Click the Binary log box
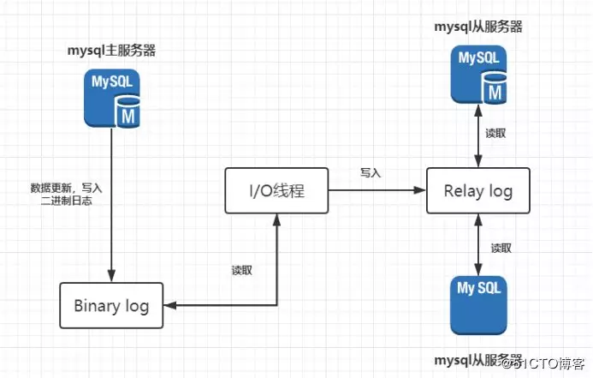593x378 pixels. (x=110, y=305)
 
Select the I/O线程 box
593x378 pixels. (x=276, y=190)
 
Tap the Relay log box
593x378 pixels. (x=477, y=190)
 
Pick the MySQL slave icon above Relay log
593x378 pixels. (x=479, y=74)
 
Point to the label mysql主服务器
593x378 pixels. (x=111, y=51)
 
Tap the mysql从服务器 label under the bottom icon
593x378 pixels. (x=478, y=357)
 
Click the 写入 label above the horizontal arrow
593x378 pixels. (x=371, y=172)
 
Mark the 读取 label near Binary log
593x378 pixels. (x=243, y=269)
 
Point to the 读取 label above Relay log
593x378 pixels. (x=496, y=134)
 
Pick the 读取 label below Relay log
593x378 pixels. (x=501, y=248)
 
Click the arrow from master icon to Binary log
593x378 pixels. (x=113, y=206)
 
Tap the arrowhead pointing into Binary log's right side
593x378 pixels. (x=169, y=305)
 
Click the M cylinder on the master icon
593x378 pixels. (x=127, y=111)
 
